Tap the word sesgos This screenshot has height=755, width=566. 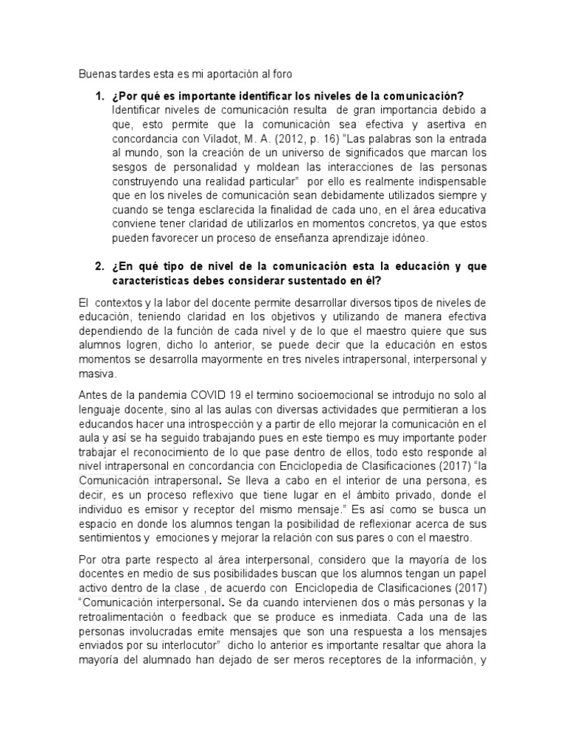[x=129, y=167]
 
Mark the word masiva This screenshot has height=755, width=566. [x=95, y=373]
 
